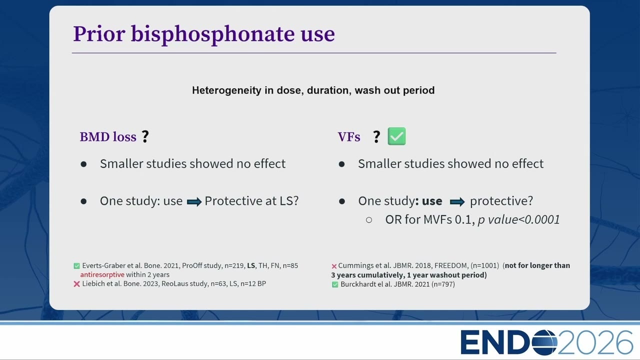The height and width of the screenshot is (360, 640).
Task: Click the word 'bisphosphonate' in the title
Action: click(x=212, y=34)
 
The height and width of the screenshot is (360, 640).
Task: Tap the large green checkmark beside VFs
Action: click(x=396, y=136)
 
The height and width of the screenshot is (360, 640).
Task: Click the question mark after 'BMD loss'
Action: click(x=145, y=136)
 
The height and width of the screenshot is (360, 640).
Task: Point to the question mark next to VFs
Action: click(x=376, y=137)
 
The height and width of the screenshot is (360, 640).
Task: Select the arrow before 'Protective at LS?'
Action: click(x=194, y=201)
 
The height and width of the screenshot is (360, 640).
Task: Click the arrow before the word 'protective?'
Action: click(x=457, y=201)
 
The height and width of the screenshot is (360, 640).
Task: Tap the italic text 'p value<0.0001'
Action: click(x=519, y=219)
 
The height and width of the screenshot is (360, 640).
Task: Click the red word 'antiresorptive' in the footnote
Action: click(x=102, y=274)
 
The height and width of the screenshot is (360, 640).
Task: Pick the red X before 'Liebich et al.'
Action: click(x=76, y=284)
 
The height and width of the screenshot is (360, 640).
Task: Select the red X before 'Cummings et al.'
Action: click(x=334, y=266)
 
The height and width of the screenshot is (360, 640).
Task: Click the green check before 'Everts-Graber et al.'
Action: click(x=76, y=266)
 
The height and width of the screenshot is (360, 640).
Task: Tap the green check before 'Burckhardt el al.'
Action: click(x=335, y=284)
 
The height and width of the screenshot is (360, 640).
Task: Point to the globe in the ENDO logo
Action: click(x=544, y=342)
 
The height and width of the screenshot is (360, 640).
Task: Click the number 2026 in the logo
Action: click(x=595, y=342)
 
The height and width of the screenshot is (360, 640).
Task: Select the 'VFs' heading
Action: click(x=349, y=137)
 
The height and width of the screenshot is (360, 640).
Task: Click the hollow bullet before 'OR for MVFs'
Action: click(x=369, y=219)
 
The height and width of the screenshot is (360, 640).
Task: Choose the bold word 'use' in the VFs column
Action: click(x=432, y=201)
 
